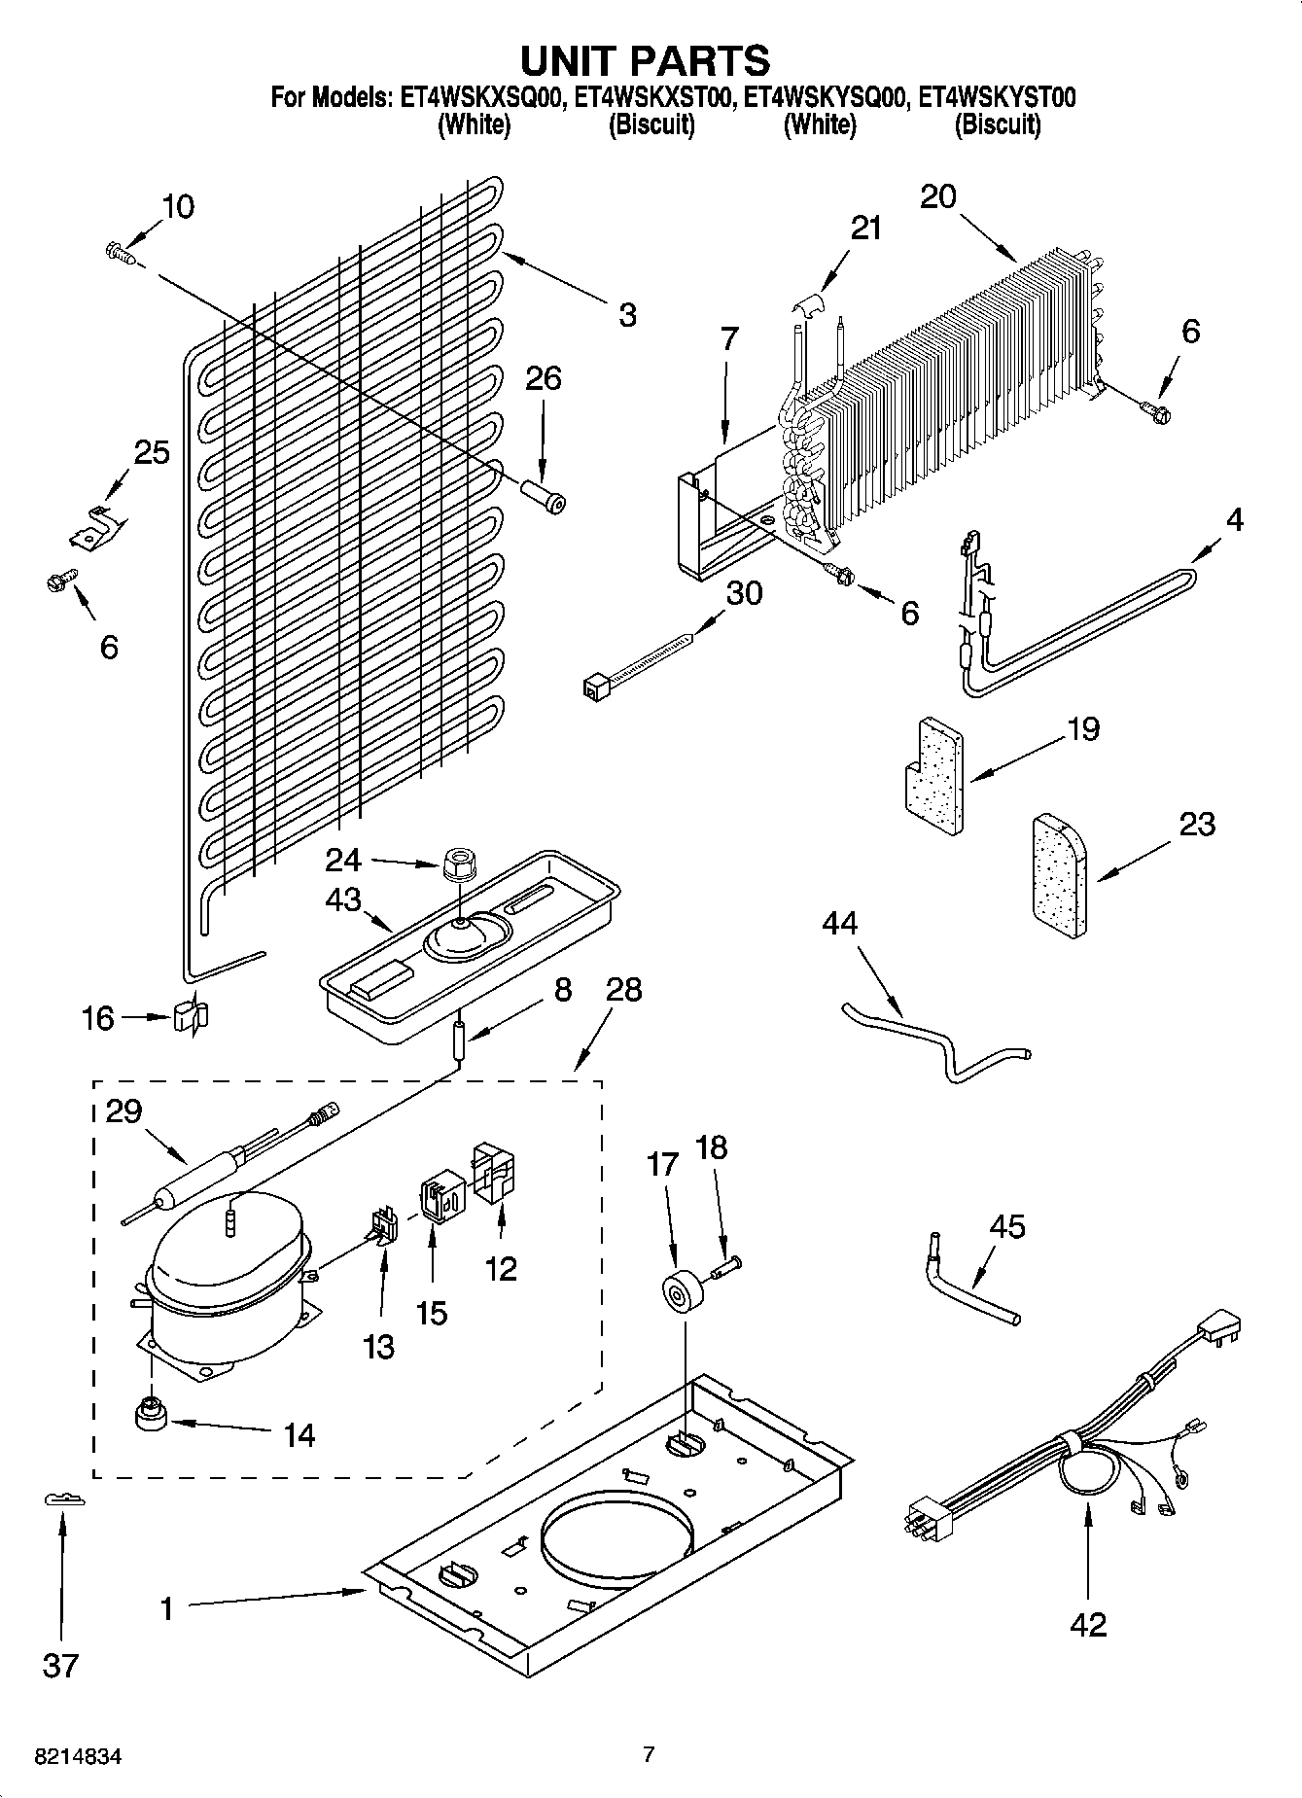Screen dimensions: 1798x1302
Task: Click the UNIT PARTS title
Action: coord(646,60)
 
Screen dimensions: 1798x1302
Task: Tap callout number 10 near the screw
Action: coord(178,206)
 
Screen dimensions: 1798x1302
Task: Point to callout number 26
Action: coord(543,378)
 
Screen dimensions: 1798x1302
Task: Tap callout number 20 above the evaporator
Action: coord(938,197)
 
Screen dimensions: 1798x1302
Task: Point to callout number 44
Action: coord(840,922)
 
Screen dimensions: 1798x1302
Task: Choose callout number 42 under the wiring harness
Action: coord(1087,1624)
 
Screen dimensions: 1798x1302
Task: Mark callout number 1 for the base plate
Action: coord(167,1608)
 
